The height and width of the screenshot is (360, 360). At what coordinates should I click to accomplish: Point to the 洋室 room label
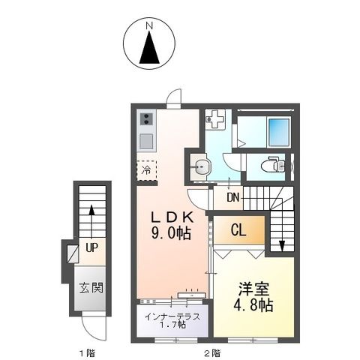coord(252,288)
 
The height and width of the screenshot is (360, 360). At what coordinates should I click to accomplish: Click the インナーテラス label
coord(173,316)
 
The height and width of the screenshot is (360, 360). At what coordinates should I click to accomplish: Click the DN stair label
coord(232,198)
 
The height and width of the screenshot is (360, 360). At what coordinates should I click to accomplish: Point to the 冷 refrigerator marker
coord(147,169)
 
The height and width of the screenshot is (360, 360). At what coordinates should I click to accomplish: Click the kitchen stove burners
coord(146,119)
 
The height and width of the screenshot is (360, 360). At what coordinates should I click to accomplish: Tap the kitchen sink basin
coord(146,140)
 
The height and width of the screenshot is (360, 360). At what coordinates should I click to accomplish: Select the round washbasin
coord(199,168)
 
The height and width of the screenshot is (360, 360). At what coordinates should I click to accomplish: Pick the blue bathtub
coord(279,130)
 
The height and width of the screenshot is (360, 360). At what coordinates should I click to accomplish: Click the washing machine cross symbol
coord(216,119)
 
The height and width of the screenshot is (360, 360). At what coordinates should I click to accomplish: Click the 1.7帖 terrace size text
coord(173,326)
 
